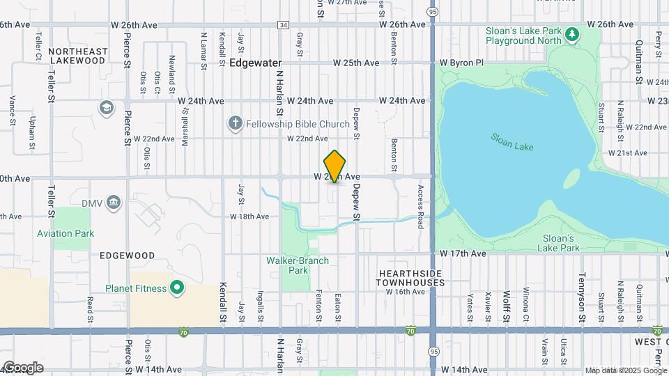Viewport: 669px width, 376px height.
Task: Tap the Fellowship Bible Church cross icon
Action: tap(236, 124)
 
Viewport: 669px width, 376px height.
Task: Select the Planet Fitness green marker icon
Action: tap(177, 288)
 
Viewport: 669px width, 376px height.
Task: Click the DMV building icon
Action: tap(114, 203)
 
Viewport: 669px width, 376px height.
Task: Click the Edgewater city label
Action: tap(256, 63)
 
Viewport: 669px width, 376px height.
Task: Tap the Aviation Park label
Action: tap(66, 234)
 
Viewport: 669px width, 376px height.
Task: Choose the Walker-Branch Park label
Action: tap(298, 265)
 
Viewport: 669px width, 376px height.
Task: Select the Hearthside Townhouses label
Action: tap(410, 279)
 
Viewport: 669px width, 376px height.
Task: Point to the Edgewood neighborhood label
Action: tap(127, 256)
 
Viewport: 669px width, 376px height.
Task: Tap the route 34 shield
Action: tap(282, 25)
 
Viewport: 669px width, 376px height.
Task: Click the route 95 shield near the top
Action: tap(433, 12)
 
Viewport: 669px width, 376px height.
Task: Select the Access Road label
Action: tap(420, 207)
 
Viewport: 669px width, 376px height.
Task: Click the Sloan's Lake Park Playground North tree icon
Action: tap(571, 33)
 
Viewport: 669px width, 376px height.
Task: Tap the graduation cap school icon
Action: tap(106, 108)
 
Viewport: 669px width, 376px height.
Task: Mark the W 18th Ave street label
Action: tap(249, 217)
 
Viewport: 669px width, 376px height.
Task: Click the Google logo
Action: tap(22, 368)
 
